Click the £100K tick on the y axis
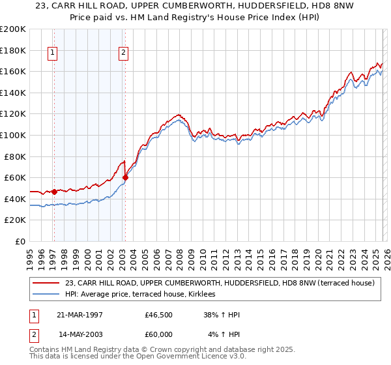coord(13,135)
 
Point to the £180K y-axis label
coord(13,50)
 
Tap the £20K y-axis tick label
coord(15,220)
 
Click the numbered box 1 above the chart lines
coord(53,54)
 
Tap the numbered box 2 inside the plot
coord(124,54)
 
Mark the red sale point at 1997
coord(55,192)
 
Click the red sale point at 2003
coord(125,177)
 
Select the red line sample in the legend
coord(46,283)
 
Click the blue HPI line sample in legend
coord(46,295)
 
